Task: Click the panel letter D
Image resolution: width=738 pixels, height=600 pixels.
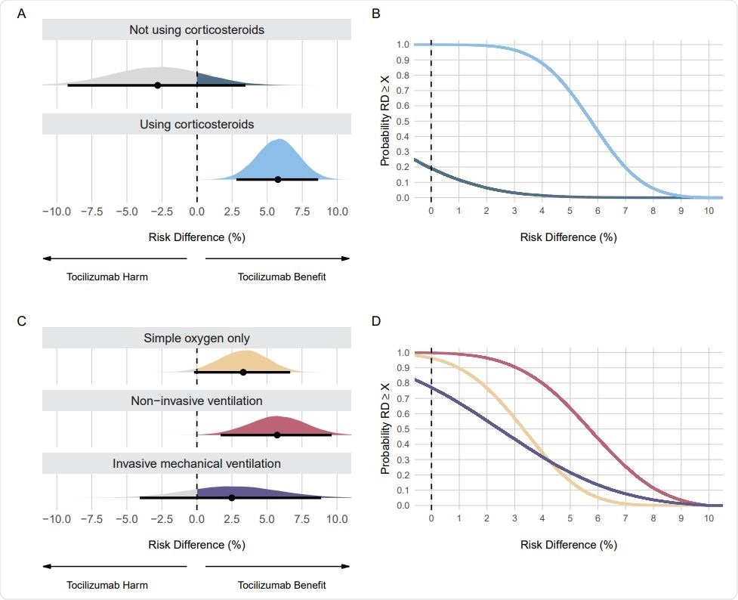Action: click(376, 321)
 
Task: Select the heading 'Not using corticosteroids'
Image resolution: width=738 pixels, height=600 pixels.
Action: click(196, 29)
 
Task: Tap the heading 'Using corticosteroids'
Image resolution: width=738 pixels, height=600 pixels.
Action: click(196, 124)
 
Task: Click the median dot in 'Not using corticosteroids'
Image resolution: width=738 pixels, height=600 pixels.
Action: click(157, 85)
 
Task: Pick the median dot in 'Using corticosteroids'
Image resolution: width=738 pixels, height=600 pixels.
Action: click(278, 179)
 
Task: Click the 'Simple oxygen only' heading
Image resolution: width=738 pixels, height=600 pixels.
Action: click(196, 338)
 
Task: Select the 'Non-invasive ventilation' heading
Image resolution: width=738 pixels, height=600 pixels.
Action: click(196, 401)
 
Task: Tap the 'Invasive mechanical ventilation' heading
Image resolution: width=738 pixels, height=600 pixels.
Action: click(196, 463)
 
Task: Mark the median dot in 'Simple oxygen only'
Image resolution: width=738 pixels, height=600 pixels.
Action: click(243, 372)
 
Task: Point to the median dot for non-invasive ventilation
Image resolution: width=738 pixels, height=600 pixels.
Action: click(277, 435)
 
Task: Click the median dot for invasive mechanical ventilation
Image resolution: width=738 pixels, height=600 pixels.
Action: click(232, 497)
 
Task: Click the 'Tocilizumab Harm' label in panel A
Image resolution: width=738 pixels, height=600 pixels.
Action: click(107, 277)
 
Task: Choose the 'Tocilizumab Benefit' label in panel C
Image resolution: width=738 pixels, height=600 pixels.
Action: click(282, 585)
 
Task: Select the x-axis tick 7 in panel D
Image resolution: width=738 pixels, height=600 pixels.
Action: click(625, 519)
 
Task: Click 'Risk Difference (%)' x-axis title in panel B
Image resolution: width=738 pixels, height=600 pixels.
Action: click(568, 237)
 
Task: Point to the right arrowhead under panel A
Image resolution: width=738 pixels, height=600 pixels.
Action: click(347, 258)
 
